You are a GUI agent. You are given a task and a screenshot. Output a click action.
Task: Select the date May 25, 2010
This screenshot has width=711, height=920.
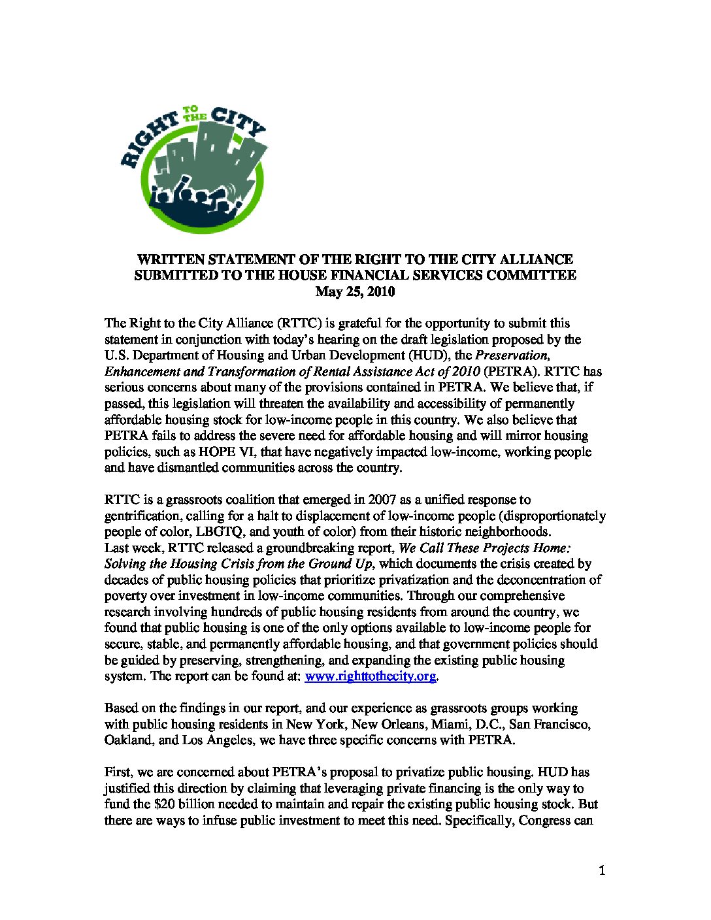355,291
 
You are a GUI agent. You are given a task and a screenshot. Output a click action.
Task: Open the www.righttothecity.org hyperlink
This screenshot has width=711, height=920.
370,676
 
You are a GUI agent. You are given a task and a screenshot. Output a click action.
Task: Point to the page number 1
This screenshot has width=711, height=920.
602,870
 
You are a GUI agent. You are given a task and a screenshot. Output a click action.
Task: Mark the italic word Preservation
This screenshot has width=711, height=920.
512,355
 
